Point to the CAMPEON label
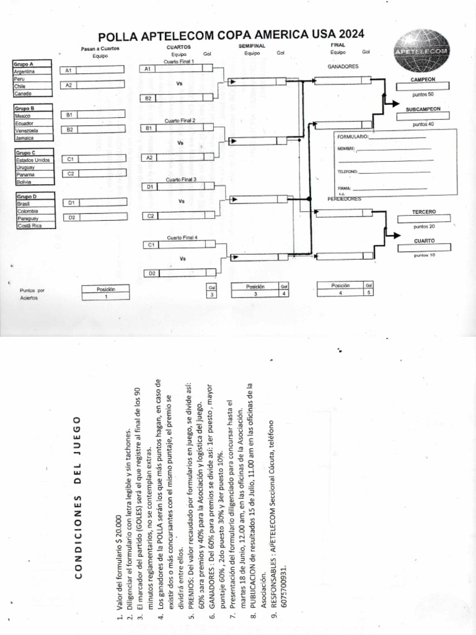423,80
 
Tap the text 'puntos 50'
423,95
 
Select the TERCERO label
424,212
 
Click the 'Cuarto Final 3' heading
182,179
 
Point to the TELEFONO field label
347,171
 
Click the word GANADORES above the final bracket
343,66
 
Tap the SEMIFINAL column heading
252,47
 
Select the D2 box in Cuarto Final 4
151,273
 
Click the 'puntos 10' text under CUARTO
424,255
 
